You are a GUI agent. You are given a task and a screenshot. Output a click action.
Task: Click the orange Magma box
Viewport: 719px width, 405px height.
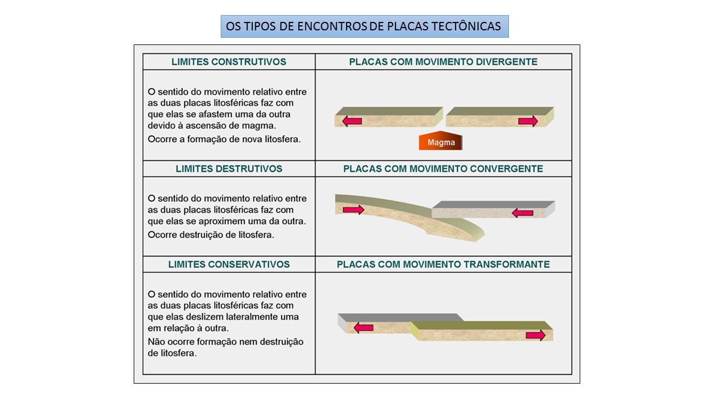click(x=440, y=142)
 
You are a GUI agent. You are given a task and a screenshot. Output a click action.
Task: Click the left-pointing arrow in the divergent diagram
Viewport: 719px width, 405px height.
click(x=352, y=121)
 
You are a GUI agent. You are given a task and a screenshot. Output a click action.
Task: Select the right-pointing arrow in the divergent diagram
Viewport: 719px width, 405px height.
click(x=528, y=121)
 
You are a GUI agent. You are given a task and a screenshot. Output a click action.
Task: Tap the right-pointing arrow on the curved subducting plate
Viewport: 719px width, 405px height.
click(x=353, y=210)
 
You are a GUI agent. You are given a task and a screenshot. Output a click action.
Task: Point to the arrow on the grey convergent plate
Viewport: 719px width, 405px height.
click(x=522, y=213)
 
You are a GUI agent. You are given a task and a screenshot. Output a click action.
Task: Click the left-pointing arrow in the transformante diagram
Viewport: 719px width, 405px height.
click(x=363, y=327)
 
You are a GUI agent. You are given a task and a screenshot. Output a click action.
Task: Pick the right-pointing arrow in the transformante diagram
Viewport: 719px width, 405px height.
click(x=535, y=335)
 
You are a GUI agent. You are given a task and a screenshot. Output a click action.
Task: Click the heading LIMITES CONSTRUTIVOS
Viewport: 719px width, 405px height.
click(x=229, y=62)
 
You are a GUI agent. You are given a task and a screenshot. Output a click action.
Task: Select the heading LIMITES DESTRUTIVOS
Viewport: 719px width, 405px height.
click(x=229, y=169)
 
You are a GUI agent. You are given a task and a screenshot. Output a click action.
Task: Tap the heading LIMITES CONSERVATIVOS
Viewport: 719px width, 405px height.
click(x=229, y=264)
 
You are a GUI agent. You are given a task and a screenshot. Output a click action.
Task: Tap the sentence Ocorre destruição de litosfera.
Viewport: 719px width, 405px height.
click(x=211, y=235)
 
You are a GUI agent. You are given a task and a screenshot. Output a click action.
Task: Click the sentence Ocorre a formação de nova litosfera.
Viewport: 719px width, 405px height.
click(x=224, y=139)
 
